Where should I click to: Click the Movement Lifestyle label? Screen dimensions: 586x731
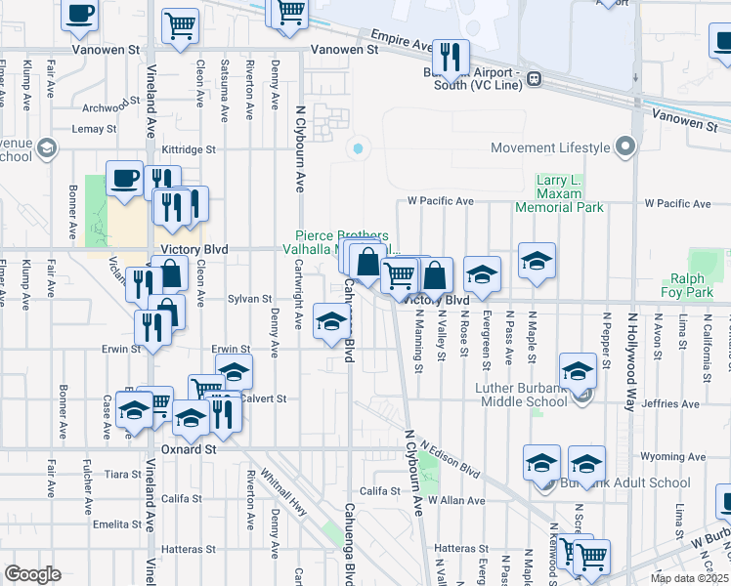click(x=549, y=148)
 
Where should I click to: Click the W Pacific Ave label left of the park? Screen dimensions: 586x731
click(x=441, y=201)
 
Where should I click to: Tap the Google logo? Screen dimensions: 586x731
click(x=33, y=574)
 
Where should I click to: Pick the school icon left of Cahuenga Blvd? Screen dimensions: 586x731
click(x=331, y=321)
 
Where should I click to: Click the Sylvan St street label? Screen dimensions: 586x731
click(x=249, y=299)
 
